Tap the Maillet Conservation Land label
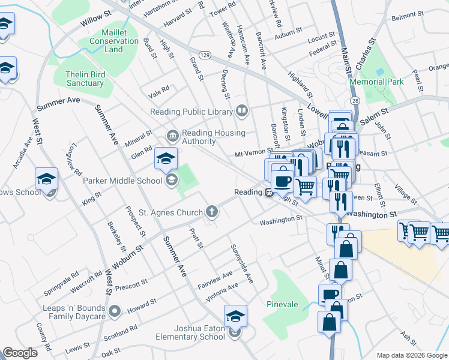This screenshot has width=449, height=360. (x=113, y=41)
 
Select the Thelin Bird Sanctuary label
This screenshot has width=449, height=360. (x=84, y=79)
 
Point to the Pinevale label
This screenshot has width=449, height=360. (x=282, y=304)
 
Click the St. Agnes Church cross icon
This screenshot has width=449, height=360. (x=211, y=211)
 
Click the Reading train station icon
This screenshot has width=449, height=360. (x=270, y=193)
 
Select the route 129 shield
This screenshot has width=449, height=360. (x=205, y=55)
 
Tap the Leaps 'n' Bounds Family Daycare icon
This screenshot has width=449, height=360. (x=115, y=311)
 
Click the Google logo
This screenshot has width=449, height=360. (x=20, y=353)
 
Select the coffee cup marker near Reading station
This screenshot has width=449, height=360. (x=282, y=180)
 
